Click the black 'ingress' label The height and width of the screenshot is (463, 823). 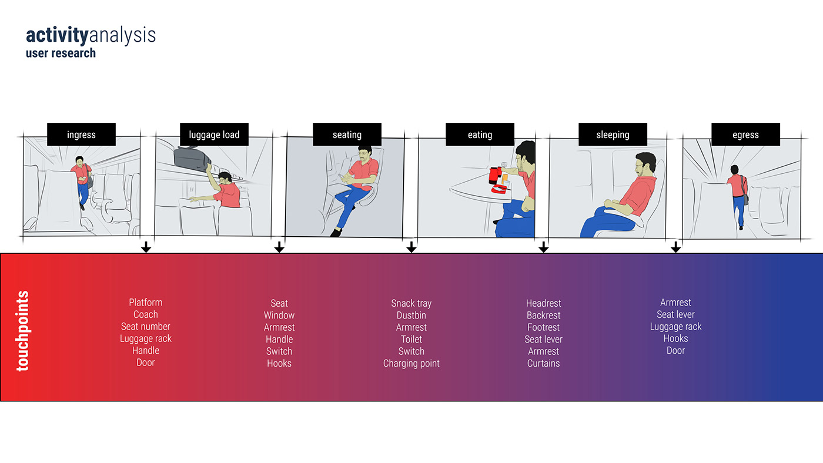(x=81, y=135)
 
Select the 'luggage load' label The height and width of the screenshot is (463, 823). (x=214, y=135)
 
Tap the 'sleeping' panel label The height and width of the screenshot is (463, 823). (x=613, y=135)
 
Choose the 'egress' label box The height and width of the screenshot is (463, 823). (x=745, y=135)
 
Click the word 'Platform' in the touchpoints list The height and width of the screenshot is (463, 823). (x=146, y=302)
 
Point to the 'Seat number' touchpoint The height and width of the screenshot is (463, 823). (x=146, y=327)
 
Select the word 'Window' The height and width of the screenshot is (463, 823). (x=279, y=315)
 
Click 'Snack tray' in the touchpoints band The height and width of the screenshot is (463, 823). (x=411, y=303)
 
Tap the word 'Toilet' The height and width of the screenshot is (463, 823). (x=411, y=339)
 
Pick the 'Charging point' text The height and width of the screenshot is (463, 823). (x=411, y=363)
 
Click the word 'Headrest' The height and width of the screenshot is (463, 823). (x=543, y=303)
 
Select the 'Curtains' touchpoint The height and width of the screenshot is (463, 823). (x=543, y=363)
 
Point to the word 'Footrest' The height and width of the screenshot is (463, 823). (x=543, y=327)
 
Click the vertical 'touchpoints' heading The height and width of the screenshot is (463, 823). (x=23, y=331)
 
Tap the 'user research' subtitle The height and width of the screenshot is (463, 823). (x=61, y=53)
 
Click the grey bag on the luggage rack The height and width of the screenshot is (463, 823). (x=192, y=158)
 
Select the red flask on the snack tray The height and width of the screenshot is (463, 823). (x=495, y=175)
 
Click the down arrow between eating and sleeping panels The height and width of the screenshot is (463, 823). (x=543, y=247)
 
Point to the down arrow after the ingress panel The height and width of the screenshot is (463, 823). (x=146, y=247)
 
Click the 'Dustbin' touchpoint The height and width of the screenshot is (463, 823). (x=411, y=315)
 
